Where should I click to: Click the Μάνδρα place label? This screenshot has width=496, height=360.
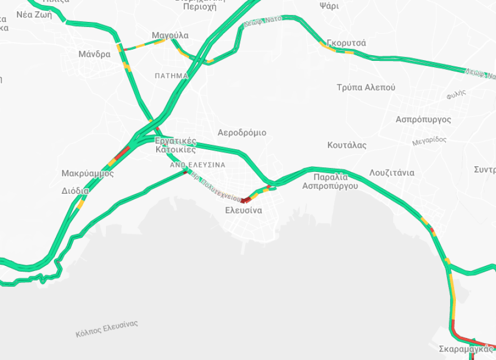[x=95, y=55]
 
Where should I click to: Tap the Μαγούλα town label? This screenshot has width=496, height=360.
[x=170, y=35]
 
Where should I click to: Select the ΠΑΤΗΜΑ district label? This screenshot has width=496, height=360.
[x=171, y=75]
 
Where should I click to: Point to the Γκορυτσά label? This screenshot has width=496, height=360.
[x=346, y=43]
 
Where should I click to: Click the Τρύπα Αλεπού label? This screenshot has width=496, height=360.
[x=366, y=87]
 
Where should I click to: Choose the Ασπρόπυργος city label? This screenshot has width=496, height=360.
[x=423, y=119]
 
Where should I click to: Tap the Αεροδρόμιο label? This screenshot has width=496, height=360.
[x=242, y=132]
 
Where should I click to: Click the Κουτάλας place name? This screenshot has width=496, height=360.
[x=347, y=145]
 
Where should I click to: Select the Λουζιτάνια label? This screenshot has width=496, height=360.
[x=392, y=172]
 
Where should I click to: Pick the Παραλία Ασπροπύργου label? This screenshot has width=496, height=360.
[x=330, y=181]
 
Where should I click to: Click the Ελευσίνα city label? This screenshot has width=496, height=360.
[x=243, y=210]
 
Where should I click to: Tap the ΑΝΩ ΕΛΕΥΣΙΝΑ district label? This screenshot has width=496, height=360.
[x=198, y=165]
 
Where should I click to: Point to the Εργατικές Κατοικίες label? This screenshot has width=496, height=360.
[x=176, y=145]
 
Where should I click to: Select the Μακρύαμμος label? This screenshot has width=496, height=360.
[x=87, y=173]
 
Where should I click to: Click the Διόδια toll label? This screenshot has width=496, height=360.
[x=75, y=190]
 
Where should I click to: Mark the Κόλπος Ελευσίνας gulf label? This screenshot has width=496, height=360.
[x=107, y=329]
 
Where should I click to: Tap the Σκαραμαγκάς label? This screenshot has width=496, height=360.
[x=465, y=349]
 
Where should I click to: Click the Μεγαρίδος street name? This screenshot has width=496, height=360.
[x=429, y=140]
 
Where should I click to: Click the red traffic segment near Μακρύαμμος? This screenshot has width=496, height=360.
[x=122, y=152]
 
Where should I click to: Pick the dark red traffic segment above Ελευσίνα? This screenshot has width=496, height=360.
[x=245, y=200]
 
